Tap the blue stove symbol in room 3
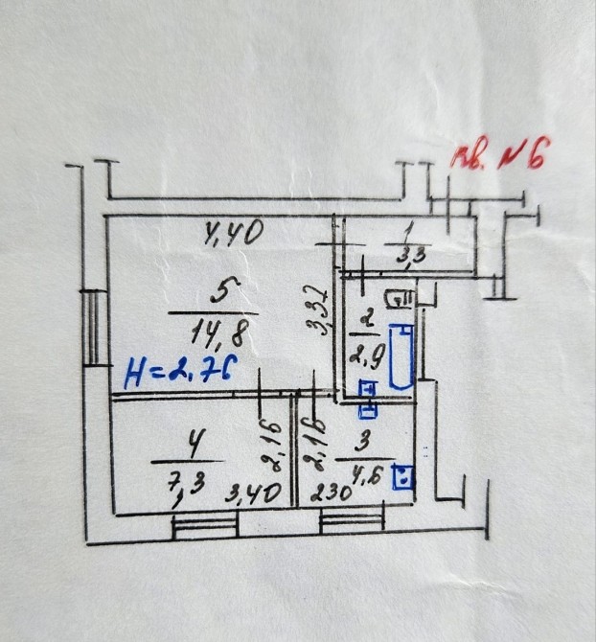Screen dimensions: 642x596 coord(405,476)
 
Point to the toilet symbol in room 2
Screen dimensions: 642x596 coord(400,300)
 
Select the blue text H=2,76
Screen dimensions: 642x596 coord(179,370)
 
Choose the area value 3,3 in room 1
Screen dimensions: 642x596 coord(406,255)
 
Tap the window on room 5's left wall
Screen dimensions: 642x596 coord(92,326)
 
